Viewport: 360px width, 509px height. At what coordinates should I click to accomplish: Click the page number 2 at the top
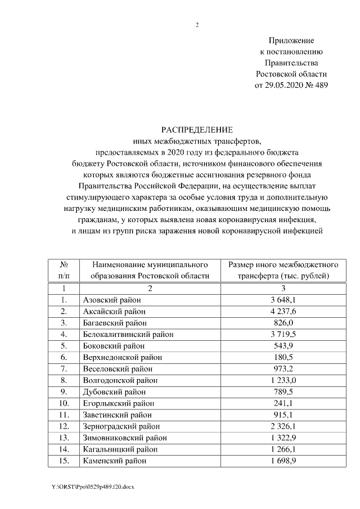tap(197, 25)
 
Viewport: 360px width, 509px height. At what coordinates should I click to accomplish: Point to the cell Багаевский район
tap(115, 322)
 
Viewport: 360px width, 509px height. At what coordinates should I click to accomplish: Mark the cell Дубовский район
tap(114, 391)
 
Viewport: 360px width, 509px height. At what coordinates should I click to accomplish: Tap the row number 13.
tap(64, 438)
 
